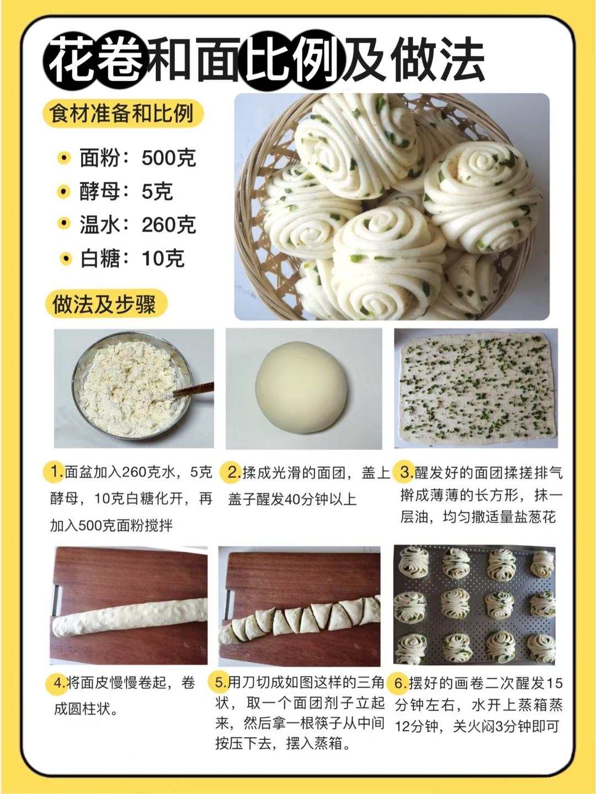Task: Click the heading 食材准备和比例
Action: [x=122, y=113]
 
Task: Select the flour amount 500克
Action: [x=169, y=158]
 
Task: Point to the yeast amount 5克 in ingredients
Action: [x=157, y=191]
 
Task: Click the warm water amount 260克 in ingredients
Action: [x=169, y=224]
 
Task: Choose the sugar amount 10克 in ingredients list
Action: [x=163, y=258]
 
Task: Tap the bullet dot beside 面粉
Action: [x=63, y=158]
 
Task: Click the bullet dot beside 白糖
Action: [x=66, y=259]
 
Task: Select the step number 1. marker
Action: [x=54, y=471]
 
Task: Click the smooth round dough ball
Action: [x=301, y=387]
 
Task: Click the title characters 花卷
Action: [x=96, y=60]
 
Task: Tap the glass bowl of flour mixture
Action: [x=132, y=386]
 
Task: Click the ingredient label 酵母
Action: [x=100, y=191]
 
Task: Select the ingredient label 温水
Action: [x=100, y=224]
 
